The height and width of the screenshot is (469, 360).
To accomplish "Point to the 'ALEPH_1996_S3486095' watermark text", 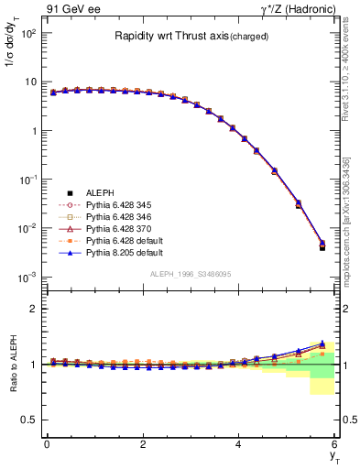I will [x=191, y=275].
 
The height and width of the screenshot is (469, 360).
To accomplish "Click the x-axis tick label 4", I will [x=238, y=444].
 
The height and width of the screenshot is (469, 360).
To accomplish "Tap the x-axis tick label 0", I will [x=46, y=444].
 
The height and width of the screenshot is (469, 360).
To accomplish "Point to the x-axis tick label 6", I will [x=334, y=444].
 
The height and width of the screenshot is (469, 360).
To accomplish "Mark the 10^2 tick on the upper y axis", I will [x=27, y=34].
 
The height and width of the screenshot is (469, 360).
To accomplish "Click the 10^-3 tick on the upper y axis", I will [x=27, y=277].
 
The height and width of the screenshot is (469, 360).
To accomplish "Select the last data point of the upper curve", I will [x=322, y=244].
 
